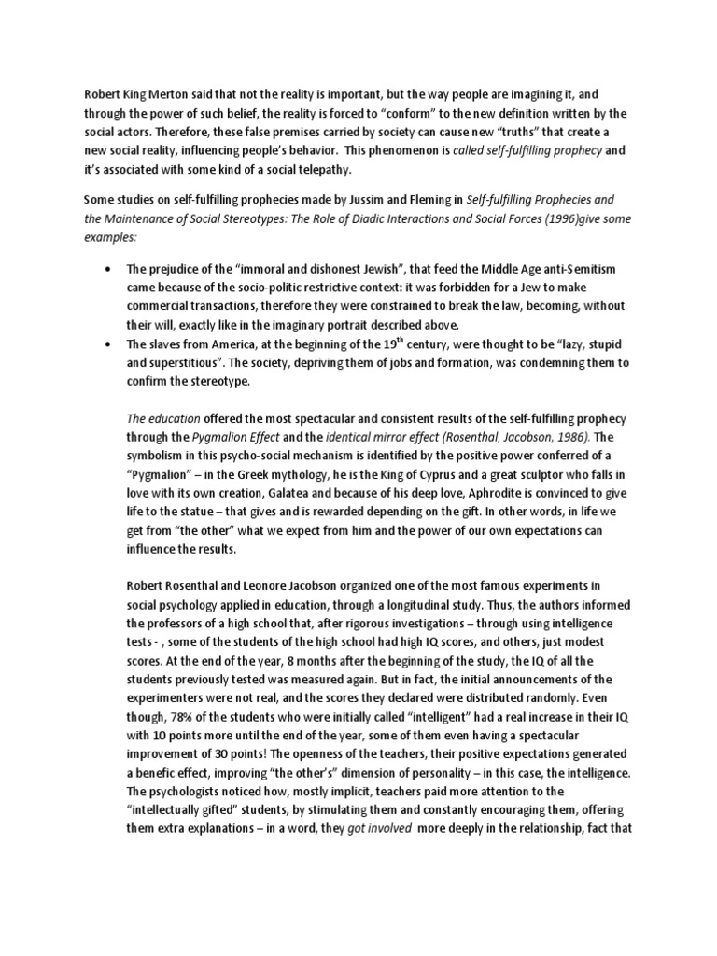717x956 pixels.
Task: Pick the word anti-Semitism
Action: (x=567, y=269)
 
